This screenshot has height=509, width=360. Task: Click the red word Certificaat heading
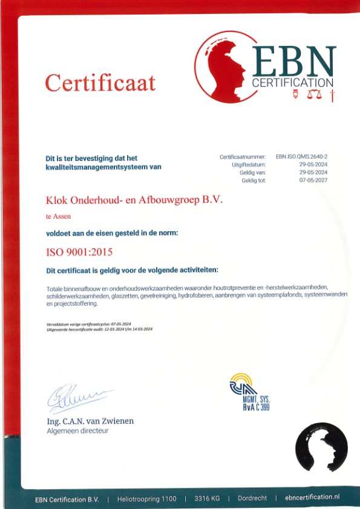100,82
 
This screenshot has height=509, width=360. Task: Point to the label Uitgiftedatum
249,165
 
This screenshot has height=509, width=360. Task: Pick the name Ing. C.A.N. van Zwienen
90,421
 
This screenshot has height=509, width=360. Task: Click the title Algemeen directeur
77,431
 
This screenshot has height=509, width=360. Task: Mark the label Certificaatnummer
243,157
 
